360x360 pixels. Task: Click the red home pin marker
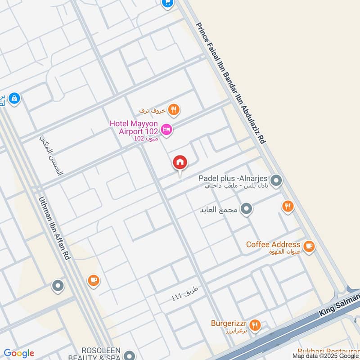point(180,162)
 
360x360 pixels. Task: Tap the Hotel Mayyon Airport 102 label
point(134,127)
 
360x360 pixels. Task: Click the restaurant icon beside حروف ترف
point(173,109)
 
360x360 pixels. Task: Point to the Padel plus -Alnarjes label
point(234,178)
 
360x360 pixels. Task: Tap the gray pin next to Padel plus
point(276,181)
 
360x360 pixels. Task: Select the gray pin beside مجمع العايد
point(246,209)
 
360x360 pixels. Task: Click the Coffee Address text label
point(273,244)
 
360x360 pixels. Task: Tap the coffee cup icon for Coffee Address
point(309,246)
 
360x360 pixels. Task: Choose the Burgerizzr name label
point(229,323)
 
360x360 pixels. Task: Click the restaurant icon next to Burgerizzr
point(255,325)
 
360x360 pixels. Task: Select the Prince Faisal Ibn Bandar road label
point(231,83)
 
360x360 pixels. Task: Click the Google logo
point(19,353)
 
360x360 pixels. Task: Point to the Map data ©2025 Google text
point(325,355)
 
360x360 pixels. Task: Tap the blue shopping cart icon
point(167,3)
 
